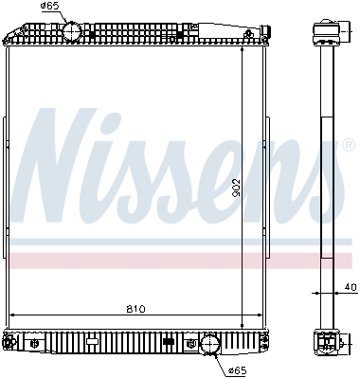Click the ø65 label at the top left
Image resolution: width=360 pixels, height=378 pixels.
[x=50, y=7]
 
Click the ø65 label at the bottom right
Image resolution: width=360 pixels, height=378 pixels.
[x=238, y=370]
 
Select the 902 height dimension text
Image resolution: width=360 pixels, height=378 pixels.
[x=236, y=188]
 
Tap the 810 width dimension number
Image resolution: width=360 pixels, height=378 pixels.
[x=135, y=309]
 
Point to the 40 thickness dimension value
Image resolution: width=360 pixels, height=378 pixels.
[x=350, y=287]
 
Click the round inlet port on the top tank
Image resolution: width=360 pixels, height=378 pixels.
[x=72, y=30]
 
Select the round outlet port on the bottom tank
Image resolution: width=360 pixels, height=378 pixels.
[x=210, y=344]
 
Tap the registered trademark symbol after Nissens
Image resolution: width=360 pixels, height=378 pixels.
[x=348, y=145]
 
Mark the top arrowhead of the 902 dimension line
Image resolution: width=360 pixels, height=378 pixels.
[x=243, y=49]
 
